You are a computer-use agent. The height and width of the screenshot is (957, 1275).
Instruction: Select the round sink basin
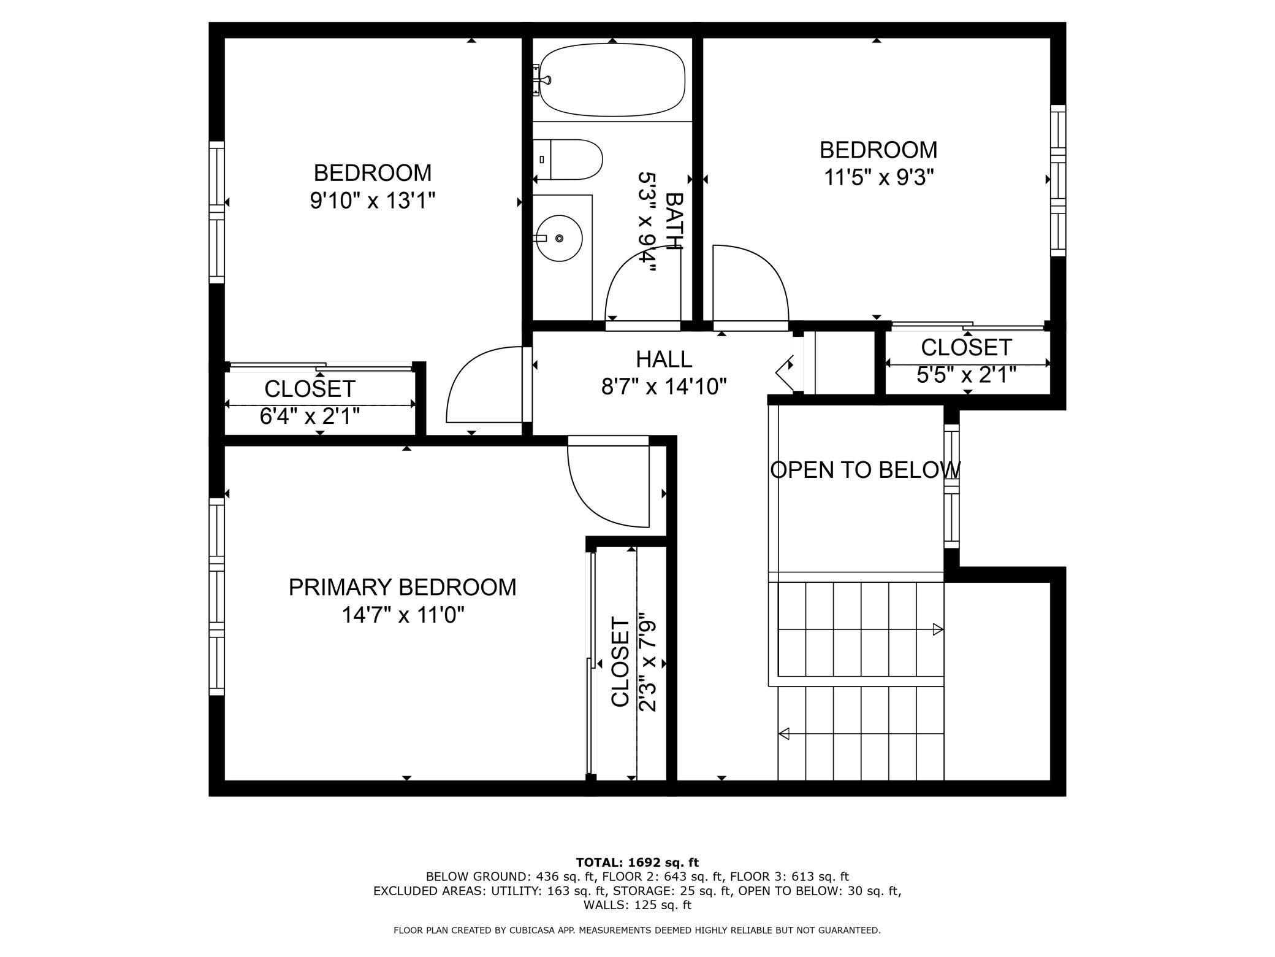tap(560, 238)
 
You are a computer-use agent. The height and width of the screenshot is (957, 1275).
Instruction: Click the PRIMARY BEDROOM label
tap(402, 587)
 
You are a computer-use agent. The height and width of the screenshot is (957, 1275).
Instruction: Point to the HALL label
tap(664, 359)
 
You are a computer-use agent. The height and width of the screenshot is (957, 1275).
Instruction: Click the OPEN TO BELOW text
tap(865, 470)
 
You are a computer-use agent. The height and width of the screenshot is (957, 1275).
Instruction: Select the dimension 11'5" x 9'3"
tap(878, 177)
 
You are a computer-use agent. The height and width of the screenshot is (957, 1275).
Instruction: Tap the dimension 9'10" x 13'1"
tap(373, 201)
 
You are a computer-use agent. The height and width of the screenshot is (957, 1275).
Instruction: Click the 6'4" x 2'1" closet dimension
tap(310, 417)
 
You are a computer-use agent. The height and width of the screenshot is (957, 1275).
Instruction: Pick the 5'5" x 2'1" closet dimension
tap(967, 375)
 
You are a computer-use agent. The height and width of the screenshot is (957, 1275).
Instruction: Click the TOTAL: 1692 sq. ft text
tap(637, 863)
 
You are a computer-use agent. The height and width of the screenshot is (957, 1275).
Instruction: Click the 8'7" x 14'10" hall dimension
tap(664, 386)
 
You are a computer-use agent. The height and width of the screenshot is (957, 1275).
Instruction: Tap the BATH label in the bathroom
tap(674, 221)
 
